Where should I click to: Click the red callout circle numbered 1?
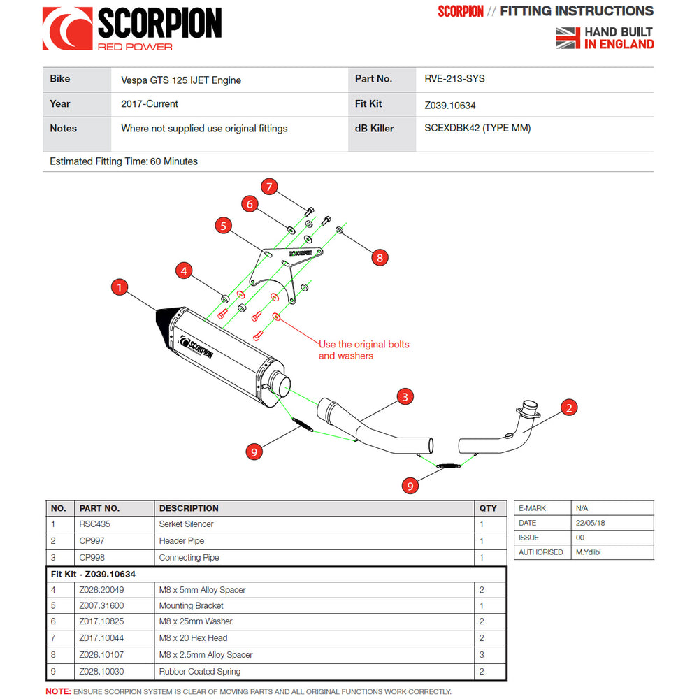(x=120, y=287)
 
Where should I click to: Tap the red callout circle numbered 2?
(x=569, y=408)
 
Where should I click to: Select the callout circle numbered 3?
(x=403, y=397)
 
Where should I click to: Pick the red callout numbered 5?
(x=223, y=226)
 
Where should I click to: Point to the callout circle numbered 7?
(x=270, y=187)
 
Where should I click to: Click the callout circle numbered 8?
(x=379, y=257)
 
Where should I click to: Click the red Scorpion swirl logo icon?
(x=67, y=29)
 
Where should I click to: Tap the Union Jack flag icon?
(x=568, y=38)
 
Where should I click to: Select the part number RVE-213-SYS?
(x=454, y=79)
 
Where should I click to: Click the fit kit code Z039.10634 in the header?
(x=450, y=106)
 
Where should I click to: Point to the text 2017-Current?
(x=150, y=104)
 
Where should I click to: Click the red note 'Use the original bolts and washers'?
(x=363, y=350)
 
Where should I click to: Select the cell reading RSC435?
(x=95, y=524)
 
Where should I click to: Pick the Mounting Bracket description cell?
(x=192, y=605)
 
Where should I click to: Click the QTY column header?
(x=488, y=508)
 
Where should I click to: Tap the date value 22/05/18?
(x=591, y=523)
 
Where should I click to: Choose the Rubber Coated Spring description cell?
(x=200, y=672)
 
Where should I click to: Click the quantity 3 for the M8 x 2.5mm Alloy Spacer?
(x=482, y=655)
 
